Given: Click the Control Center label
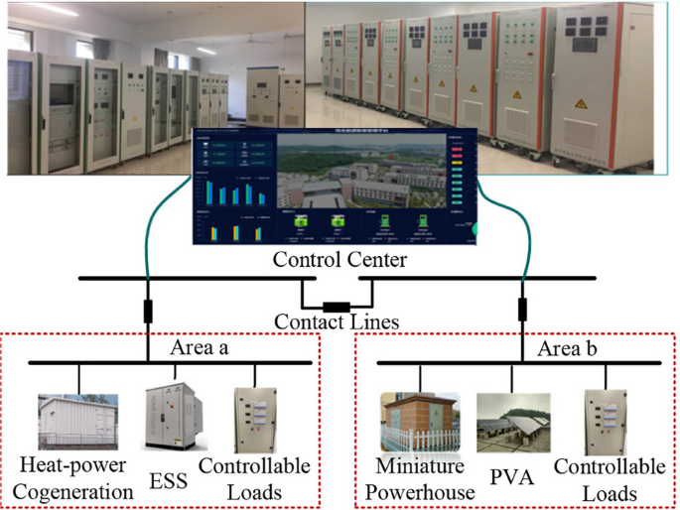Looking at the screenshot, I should (x=339, y=260).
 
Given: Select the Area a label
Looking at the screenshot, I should (x=202, y=348).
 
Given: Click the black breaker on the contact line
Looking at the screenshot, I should (x=338, y=306).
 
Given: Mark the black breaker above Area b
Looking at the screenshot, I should (x=523, y=308).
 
